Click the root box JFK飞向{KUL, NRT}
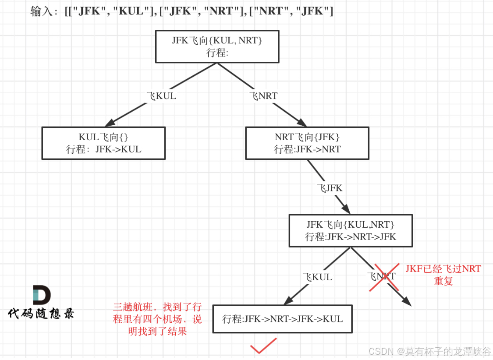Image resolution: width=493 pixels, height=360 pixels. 217,46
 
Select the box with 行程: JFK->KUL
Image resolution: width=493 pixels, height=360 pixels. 103,143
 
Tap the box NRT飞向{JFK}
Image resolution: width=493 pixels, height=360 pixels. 307,143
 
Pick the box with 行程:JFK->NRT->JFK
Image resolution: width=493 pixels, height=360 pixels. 350,230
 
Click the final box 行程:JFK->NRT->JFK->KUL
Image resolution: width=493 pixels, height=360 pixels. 282,319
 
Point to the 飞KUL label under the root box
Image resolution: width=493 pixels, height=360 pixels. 161,96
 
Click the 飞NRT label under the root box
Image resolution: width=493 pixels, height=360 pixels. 263,96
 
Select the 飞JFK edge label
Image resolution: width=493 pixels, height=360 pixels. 330,188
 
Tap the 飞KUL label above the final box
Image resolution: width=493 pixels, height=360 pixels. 317,277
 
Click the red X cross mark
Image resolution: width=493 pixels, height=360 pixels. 384,277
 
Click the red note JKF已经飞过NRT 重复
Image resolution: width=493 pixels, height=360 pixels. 443,275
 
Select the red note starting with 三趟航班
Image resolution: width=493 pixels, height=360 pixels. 157,319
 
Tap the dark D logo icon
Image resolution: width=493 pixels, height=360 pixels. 41,295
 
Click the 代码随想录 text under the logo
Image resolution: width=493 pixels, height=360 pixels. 41,313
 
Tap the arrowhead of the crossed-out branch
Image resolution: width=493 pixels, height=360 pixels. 406,302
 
